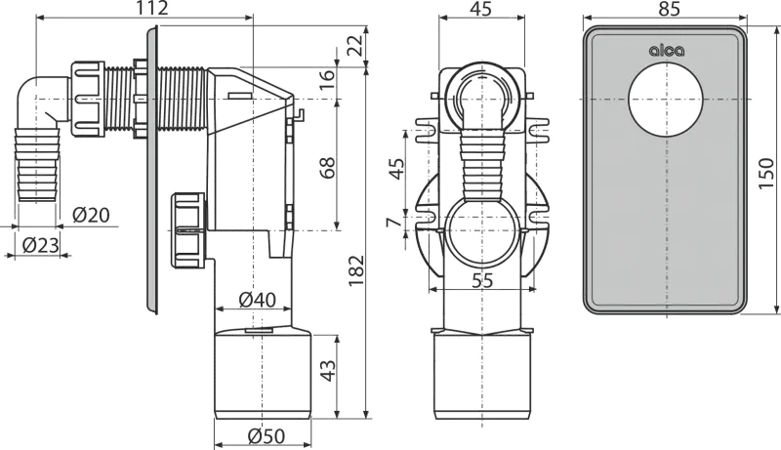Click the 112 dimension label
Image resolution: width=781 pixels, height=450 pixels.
[153, 9]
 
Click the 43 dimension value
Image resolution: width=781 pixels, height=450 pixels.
[328, 371]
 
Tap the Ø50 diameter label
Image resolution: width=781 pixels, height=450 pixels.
[261, 436]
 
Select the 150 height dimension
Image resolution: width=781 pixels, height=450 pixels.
[767, 172]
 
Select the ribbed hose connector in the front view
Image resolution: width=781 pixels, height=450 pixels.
[478, 161]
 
